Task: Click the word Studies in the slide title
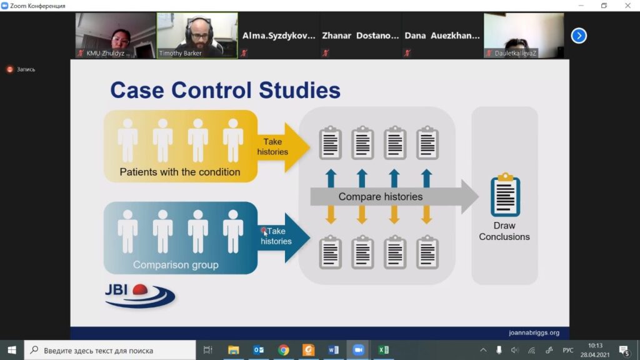point(299,90)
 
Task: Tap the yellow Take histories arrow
point(282,147)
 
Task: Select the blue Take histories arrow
point(283,237)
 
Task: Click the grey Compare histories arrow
point(394,197)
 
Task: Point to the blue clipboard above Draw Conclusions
point(505,194)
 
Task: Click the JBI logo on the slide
point(139,296)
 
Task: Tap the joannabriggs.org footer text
point(534,332)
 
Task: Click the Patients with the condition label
point(179,172)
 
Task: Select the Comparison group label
point(176,265)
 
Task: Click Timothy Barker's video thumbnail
point(197,36)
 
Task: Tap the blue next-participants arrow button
point(579,36)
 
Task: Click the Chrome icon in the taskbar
point(283,350)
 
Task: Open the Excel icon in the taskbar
point(384,350)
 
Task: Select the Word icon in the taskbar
point(334,350)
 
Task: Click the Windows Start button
point(12,350)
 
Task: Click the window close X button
point(627,5)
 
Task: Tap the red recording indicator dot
point(10,69)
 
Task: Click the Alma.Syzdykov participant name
point(279,36)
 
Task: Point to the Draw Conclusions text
point(504,231)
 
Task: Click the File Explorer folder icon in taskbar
point(234,350)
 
